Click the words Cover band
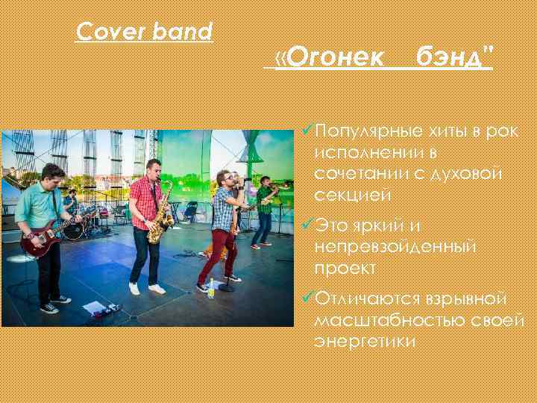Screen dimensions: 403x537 [145, 31]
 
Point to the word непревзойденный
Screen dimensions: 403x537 [395, 246]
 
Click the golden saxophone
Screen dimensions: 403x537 [160, 216]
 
